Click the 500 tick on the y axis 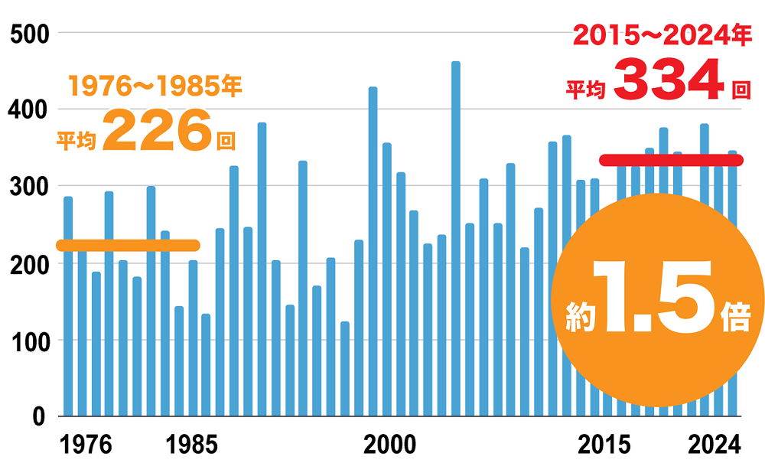click(28, 34)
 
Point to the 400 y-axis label click(28, 110)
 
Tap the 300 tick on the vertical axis click(28, 187)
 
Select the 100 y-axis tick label click(28, 341)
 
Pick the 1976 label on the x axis click(86, 444)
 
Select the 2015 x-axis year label click(604, 444)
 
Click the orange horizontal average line click(128, 246)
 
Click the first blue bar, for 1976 click(68, 306)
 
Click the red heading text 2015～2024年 click(657, 36)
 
